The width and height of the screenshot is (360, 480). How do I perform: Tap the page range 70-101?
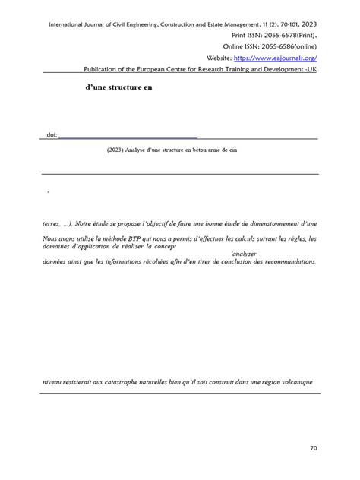283,24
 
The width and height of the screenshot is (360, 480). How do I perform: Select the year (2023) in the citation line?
116,150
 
